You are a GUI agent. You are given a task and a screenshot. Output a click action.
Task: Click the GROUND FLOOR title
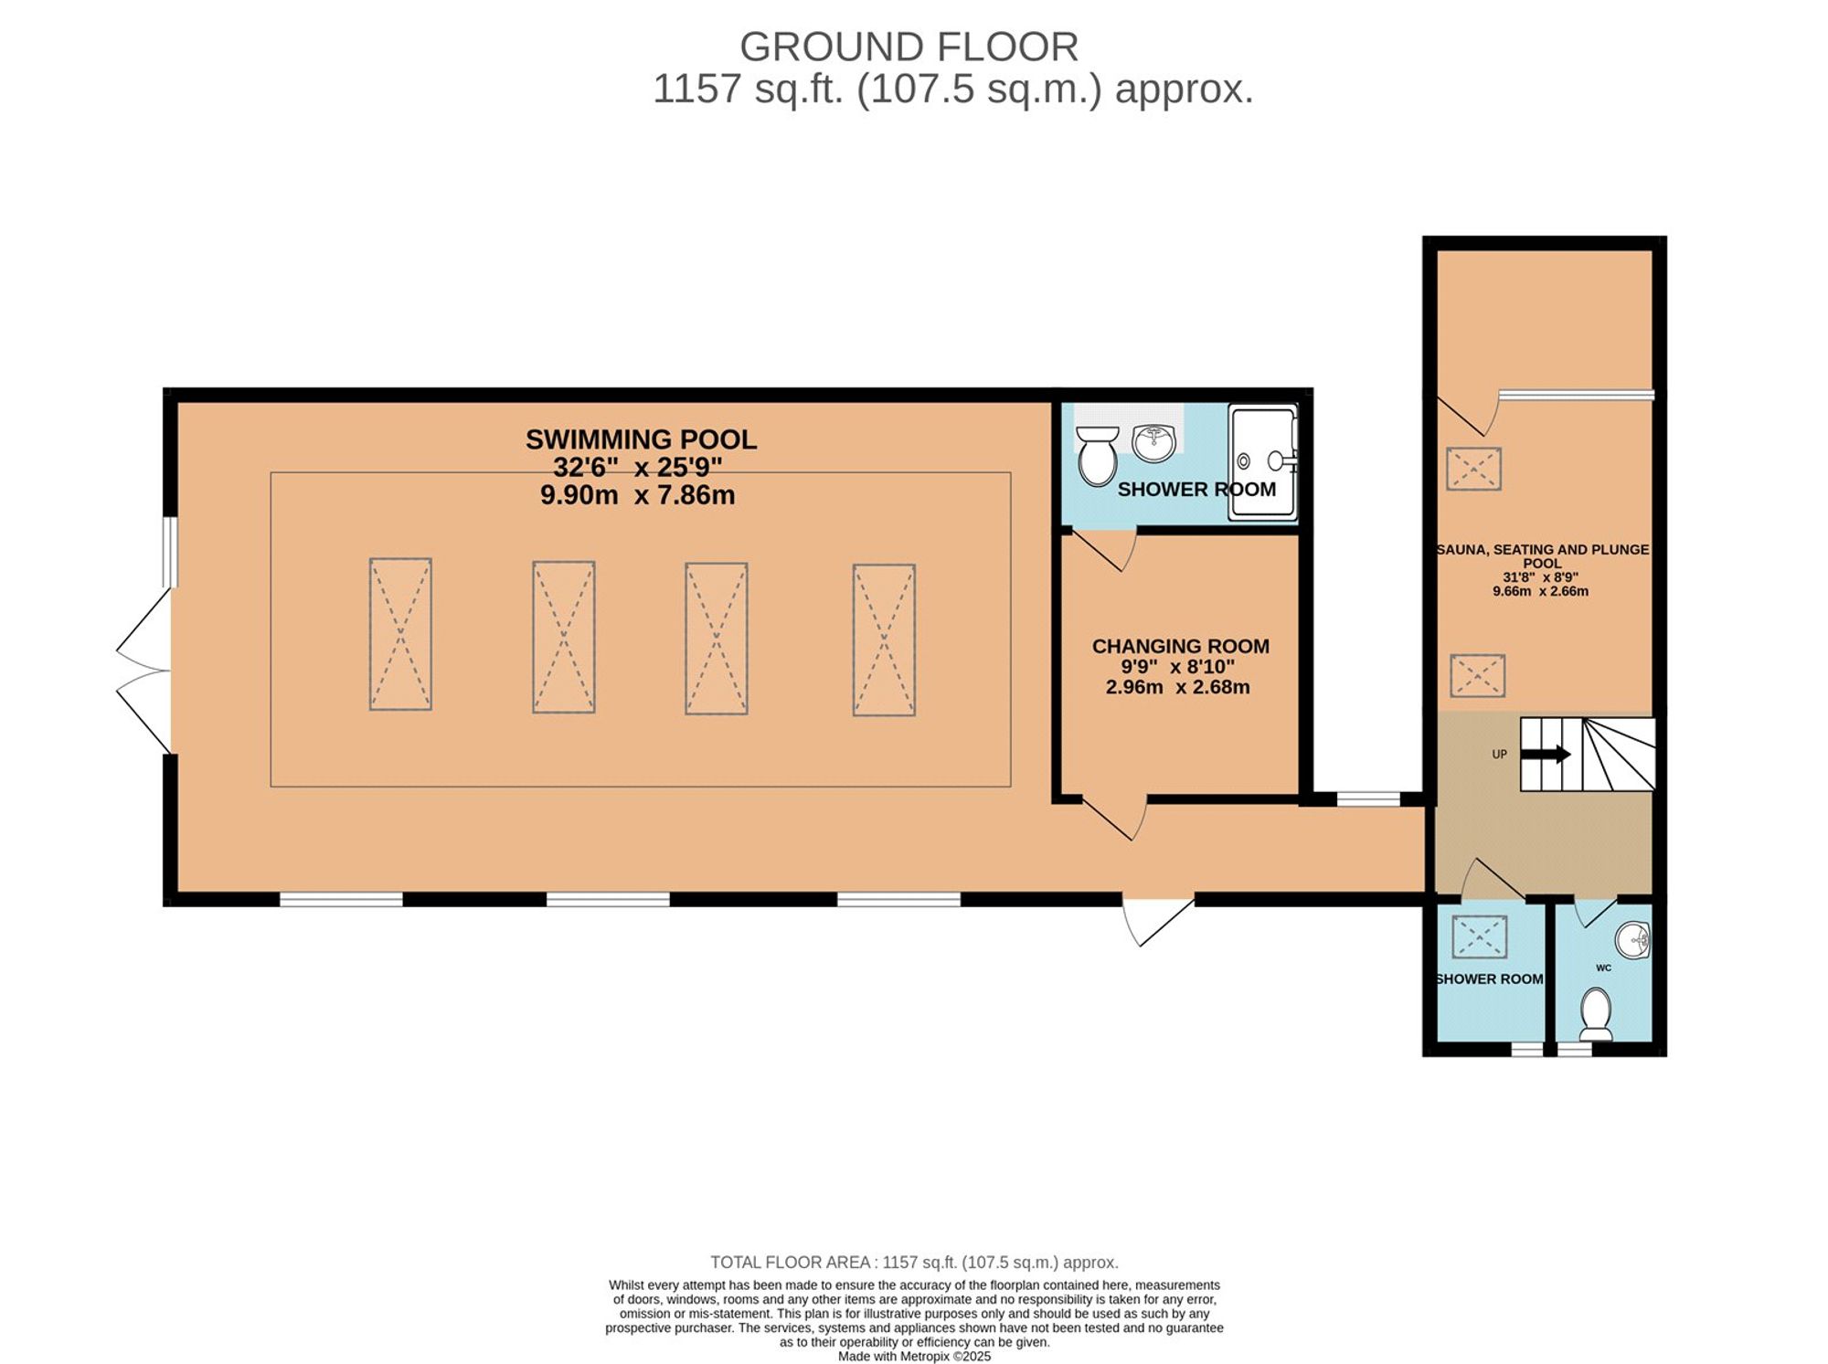point(909,47)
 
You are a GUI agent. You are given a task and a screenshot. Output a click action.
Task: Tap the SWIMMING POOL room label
point(642,439)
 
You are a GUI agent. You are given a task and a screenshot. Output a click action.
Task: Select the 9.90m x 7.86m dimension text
point(638,495)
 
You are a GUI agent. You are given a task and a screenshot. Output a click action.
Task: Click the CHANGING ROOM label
point(1181,646)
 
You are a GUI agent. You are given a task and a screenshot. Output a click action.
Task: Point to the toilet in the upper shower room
point(1097,456)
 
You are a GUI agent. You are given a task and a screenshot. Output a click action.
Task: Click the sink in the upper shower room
point(1154,443)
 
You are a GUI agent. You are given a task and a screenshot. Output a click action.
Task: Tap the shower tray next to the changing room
point(1262,462)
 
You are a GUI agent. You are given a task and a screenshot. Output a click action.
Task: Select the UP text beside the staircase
point(1500,755)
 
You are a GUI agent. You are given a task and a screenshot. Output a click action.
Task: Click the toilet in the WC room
point(1597,1013)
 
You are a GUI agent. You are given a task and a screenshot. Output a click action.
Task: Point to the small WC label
point(1604,967)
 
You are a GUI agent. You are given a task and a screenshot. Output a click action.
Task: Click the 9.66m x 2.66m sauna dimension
point(1541,591)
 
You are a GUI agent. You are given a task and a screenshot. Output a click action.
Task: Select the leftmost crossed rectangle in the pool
point(400,634)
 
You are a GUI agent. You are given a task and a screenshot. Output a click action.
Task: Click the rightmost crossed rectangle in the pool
point(884,640)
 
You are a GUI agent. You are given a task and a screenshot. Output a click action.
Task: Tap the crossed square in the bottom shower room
point(1480,937)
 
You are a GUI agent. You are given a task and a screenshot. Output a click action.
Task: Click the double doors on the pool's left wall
point(143,671)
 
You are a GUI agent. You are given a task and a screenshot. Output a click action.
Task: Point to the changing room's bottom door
point(1115,818)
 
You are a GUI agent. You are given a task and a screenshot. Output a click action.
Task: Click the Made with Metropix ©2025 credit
point(914,1356)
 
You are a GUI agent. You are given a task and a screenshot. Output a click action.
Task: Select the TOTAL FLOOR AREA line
point(914,1263)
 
